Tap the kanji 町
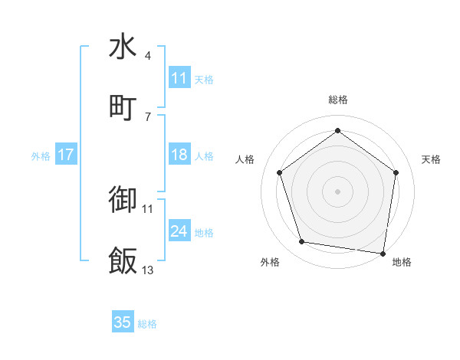tap(123, 107)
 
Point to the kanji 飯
tap(123, 260)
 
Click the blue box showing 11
tap(179, 78)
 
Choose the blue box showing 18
tap(179, 155)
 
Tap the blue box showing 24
tap(179, 231)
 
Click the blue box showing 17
tap(66, 155)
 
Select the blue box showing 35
tap(123, 322)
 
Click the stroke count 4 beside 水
tap(148, 56)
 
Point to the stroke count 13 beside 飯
tap(148, 270)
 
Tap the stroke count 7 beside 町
tap(148, 116)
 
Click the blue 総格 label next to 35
tap(147, 324)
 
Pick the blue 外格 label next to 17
tap(41, 156)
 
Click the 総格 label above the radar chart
tap(337, 100)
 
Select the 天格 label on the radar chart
tap(432, 159)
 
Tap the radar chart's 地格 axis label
tap(402, 262)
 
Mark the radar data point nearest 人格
tap(279, 172)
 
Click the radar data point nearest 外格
tap(302, 242)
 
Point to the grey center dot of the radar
tap(337, 191)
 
